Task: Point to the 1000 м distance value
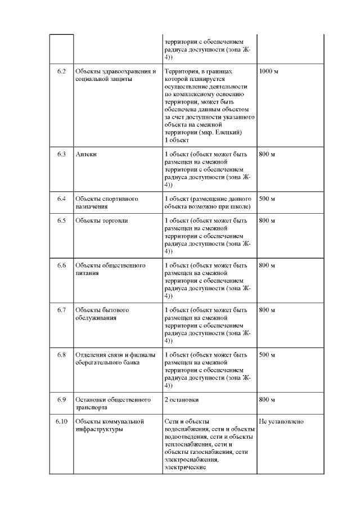tap(268, 72)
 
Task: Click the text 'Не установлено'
tap(281, 421)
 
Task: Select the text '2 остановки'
tap(182, 400)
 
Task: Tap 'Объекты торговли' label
tap(102, 220)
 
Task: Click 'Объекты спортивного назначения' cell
tap(107, 202)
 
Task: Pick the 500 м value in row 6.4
tap(267, 199)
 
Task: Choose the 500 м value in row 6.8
tap(267, 355)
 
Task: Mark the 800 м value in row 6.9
tap(267, 400)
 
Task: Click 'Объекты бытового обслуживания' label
tap(103, 314)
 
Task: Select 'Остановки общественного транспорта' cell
tap(113, 403)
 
